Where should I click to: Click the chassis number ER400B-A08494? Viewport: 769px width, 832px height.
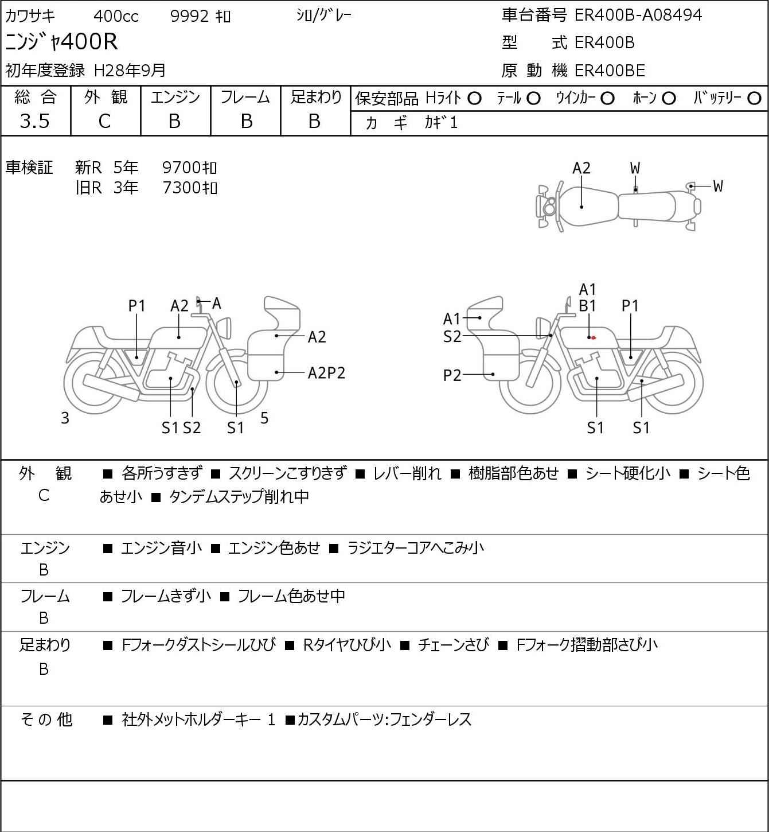638,15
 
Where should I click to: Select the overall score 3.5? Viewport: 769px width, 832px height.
35,121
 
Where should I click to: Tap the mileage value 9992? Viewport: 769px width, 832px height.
189,16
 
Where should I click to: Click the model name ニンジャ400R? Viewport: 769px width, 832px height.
61,41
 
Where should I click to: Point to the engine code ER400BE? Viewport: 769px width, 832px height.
610,71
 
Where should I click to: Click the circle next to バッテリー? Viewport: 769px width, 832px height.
754,98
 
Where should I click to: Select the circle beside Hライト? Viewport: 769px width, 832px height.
474,99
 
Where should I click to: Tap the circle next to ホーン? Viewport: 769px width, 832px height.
669,99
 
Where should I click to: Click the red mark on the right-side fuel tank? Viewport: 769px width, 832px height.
594,337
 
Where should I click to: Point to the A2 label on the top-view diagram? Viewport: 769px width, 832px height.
581,168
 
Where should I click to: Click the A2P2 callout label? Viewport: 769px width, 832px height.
326,373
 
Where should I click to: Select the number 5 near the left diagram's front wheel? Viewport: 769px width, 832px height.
264,417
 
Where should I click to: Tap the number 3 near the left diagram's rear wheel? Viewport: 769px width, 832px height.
65,418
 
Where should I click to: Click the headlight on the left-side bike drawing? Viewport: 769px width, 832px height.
224,328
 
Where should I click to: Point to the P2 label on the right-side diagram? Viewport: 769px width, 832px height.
452,375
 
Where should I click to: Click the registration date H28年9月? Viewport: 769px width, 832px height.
130,71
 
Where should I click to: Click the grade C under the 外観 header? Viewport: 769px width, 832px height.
104,122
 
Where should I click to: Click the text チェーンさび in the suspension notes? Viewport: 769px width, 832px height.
453,645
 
